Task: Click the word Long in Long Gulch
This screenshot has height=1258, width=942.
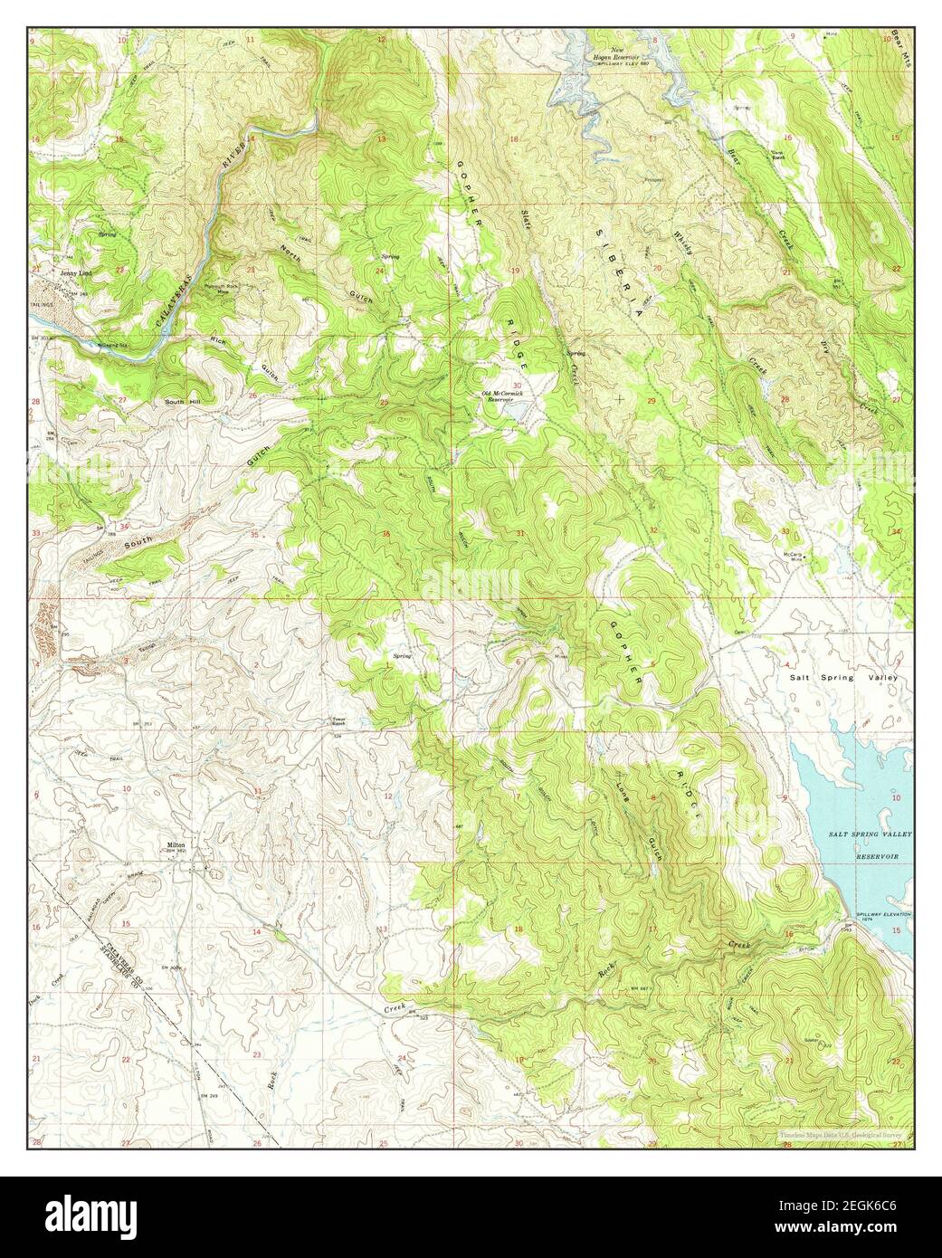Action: point(623,784)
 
